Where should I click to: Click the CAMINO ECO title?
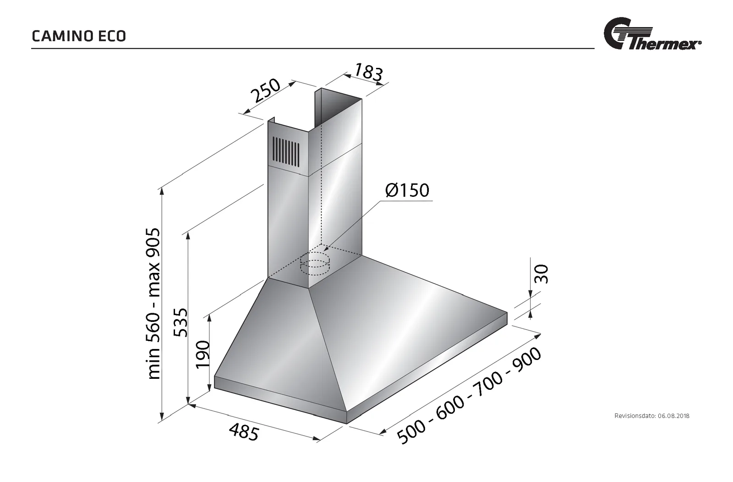pyautogui.click(x=79, y=36)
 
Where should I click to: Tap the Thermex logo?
pyautogui.click(x=652, y=34)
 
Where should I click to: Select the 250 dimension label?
pyautogui.click(x=265, y=90)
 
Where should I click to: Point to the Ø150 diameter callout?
pyautogui.click(x=407, y=190)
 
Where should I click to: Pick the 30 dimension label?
pyautogui.click(x=541, y=274)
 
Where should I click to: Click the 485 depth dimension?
pyautogui.click(x=244, y=432)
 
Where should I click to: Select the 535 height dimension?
pyautogui.click(x=181, y=322)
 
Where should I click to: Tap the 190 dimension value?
pyautogui.click(x=202, y=355)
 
